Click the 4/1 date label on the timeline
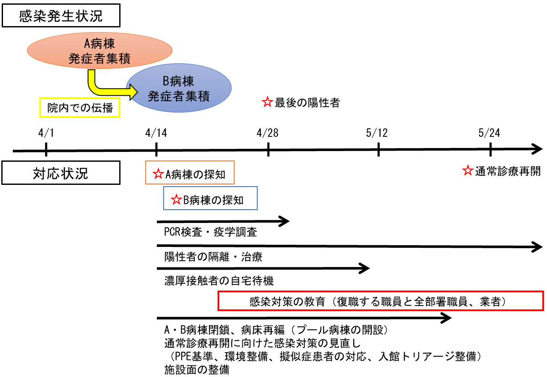[x=46, y=133]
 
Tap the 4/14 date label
[x=156, y=133]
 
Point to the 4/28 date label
[x=268, y=133]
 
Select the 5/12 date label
[x=377, y=133]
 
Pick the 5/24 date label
[x=489, y=133]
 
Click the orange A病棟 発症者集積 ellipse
[x=100, y=50]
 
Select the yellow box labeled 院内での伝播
[x=80, y=107]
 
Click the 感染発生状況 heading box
[x=61, y=15]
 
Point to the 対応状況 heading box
[x=61, y=172]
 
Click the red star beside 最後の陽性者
[x=267, y=102]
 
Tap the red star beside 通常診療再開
[x=468, y=170]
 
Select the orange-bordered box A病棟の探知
[x=190, y=172]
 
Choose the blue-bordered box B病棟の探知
[x=210, y=198]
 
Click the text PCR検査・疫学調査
[x=211, y=232]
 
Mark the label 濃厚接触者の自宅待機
[x=219, y=281]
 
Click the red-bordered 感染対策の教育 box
[x=381, y=301]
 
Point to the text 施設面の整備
[x=197, y=370]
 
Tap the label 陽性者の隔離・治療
[x=213, y=257]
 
